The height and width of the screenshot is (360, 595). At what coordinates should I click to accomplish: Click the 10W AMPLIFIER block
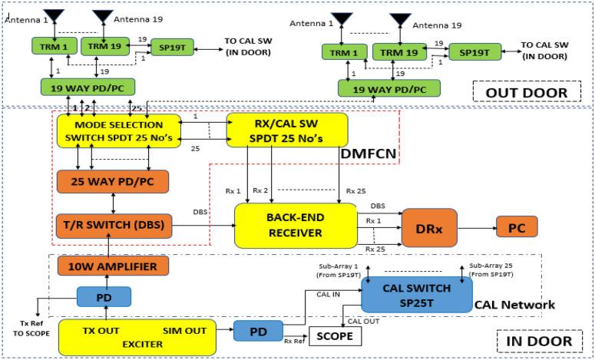[113, 266]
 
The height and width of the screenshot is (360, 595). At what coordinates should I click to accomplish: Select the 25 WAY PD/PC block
[113, 184]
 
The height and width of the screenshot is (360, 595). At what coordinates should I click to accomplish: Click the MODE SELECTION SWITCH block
[117, 130]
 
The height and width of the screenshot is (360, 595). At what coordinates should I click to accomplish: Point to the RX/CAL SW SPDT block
[287, 130]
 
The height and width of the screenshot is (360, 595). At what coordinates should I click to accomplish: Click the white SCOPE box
[335, 336]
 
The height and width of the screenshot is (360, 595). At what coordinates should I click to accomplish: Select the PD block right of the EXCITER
[259, 331]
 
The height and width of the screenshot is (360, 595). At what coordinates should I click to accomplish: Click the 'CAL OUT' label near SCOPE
[363, 322]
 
